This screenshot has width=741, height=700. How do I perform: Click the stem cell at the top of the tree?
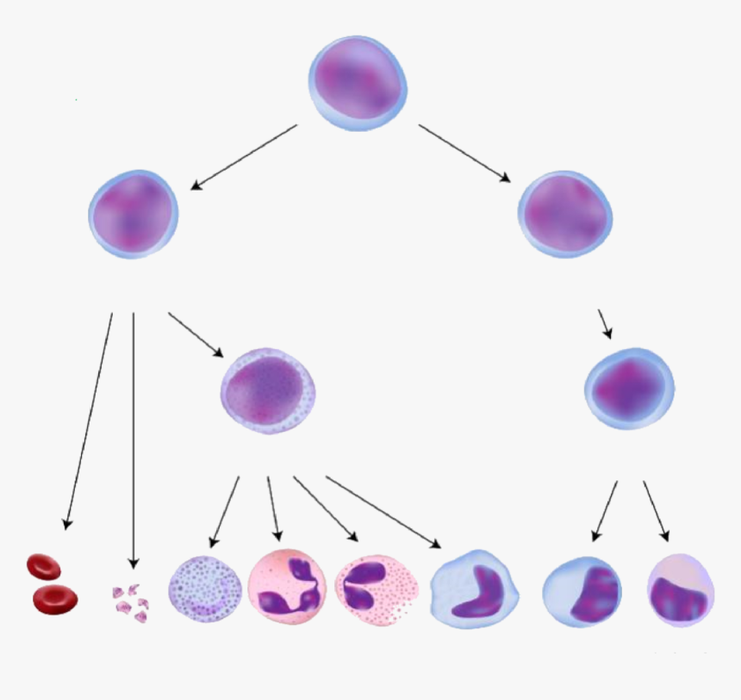(x=357, y=80)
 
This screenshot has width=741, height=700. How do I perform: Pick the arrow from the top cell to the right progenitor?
(x=464, y=153)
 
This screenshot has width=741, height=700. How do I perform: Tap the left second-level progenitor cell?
(x=133, y=213)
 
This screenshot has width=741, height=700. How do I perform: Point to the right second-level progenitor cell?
(x=565, y=213)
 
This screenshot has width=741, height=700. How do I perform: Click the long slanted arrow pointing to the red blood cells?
(x=89, y=420)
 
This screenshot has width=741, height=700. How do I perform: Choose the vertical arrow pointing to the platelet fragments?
(x=134, y=440)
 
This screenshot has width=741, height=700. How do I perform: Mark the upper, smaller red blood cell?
(x=43, y=566)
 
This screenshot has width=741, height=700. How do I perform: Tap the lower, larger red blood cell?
(x=55, y=597)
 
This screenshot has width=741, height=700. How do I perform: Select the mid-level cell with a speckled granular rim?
(x=268, y=391)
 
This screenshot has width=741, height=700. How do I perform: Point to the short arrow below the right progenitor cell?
(x=605, y=323)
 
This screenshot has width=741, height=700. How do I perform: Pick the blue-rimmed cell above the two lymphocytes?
(x=629, y=387)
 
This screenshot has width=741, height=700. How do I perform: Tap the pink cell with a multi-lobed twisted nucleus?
(x=287, y=586)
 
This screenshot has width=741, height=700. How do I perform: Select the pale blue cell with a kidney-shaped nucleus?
(x=475, y=587)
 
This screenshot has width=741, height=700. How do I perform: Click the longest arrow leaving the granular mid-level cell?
(x=383, y=511)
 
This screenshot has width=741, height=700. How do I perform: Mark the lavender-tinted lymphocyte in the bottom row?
(x=681, y=590)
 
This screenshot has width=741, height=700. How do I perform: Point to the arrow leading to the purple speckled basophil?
(x=225, y=513)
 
